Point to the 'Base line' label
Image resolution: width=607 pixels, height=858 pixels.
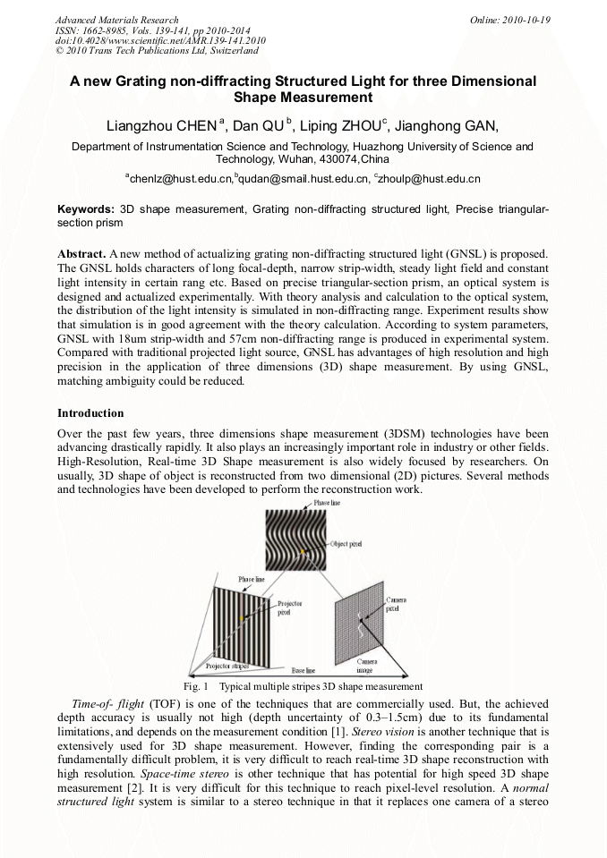point(303,669)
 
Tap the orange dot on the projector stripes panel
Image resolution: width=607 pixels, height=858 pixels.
point(243,619)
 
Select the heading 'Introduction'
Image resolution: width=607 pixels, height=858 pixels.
point(90,413)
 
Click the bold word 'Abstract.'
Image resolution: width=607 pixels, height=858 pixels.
point(81,254)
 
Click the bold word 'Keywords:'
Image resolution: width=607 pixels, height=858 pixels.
point(85,208)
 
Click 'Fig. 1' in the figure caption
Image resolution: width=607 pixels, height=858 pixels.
point(195,686)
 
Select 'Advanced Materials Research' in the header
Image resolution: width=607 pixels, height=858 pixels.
point(116,20)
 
